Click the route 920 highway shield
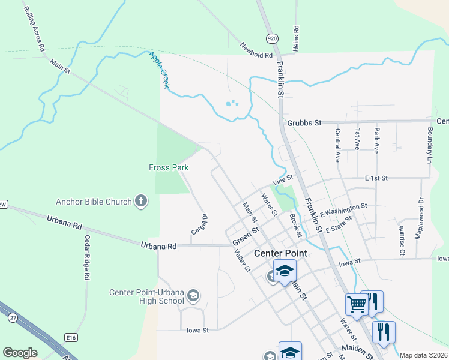(x=273, y=38)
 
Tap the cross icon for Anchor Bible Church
(x=141, y=201)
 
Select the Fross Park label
(x=169, y=168)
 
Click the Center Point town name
(x=280, y=253)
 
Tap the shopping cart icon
(x=357, y=304)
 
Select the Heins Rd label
(x=295, y=38)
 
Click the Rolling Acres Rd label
(x=34, y=29)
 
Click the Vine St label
(x=282, y=179)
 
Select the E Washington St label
(x=343, y=210)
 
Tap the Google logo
(x=20, y=353)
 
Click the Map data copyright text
(x=423, y=355)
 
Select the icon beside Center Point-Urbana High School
(x=193, y=294)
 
